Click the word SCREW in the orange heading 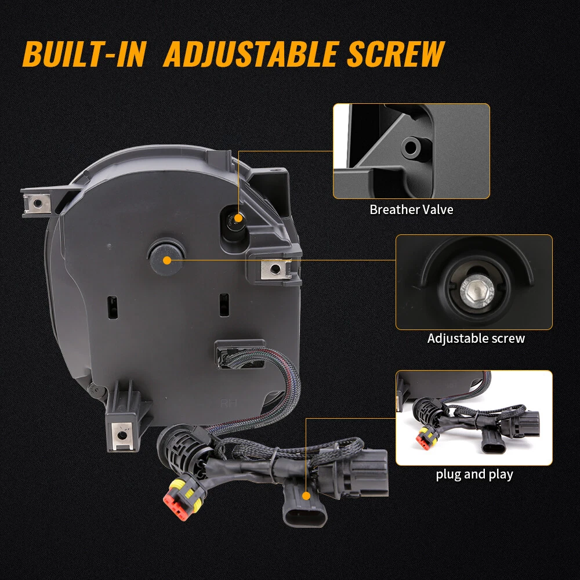click(396, 54)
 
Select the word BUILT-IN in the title click(85, 54)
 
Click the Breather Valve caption click(411, 210)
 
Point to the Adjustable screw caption click(476, 338)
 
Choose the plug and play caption click(474, 474)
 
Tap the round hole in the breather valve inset click(412, 147)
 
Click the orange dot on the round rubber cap click(167, 260)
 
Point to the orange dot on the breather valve click(238, 218)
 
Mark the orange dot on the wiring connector click(306, 496)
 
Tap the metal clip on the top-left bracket click(37, 203)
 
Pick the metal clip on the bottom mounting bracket click(121, 436)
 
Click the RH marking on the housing click(228, 403)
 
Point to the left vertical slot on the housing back click(113, 307)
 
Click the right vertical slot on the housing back click(224, 305)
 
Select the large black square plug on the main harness click(353, 472)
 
